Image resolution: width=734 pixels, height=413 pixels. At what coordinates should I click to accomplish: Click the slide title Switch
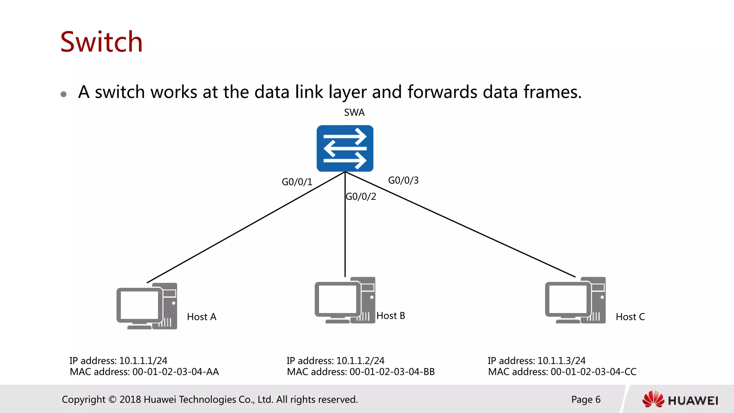(101, 42)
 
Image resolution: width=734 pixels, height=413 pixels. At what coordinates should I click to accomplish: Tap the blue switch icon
(345, 148)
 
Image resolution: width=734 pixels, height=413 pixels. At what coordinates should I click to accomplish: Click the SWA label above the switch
(354, 113)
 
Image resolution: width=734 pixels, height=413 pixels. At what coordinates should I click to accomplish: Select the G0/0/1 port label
(297, 182)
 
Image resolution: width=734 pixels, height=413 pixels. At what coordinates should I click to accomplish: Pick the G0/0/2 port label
(361, 196)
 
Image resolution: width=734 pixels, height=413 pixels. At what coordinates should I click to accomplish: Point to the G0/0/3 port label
(403, 180)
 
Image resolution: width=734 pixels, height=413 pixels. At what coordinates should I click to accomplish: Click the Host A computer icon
(147, 306)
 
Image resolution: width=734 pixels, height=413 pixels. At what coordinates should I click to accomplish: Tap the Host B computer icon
(345, 300)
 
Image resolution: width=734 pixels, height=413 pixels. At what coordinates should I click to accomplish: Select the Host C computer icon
(575, 300)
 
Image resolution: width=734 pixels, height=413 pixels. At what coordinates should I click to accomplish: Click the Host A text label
(201, 317)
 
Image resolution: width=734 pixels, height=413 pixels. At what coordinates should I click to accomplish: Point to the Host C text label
(630, 317)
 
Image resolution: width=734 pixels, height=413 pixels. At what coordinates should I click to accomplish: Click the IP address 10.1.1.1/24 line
(118, 361)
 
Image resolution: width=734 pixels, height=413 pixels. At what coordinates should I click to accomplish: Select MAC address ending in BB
(361, 372)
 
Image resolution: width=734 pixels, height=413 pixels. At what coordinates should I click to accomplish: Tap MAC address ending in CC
(562, 372)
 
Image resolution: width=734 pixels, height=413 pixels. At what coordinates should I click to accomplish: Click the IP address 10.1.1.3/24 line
(536, 361)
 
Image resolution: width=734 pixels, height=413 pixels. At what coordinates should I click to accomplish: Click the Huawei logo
(680, 400)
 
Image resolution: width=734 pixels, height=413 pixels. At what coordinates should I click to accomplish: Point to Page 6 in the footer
(586, 399)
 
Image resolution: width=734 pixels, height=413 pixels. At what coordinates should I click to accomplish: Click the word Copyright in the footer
(84, 399)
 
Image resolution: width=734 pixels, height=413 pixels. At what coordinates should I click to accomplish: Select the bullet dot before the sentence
(64, 94)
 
